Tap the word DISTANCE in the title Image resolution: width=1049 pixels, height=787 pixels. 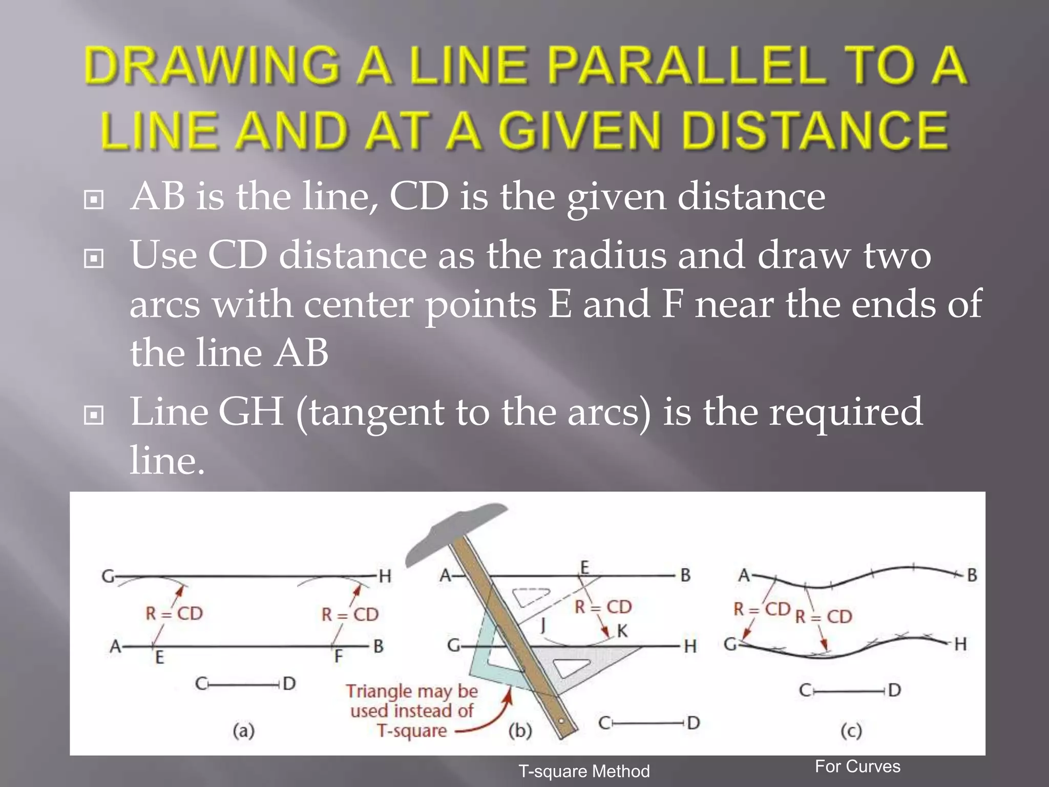(x=814, y=131)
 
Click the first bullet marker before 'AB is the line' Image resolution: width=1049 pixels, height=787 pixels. (x=93, y=199)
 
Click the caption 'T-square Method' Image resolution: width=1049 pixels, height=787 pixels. (x=584, y=771)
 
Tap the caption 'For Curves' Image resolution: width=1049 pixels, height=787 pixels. (x=857, y=766)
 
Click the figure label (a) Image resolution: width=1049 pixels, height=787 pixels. (x=243, y=730)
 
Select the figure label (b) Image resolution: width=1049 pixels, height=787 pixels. (x=520, y=730)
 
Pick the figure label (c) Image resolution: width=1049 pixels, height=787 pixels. (x=851, y=730)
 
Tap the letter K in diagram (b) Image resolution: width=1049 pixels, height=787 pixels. (x=622, y=631)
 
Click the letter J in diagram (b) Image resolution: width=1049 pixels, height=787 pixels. (x=543, y=625)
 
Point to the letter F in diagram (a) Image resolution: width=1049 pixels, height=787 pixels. (x=338, y=656)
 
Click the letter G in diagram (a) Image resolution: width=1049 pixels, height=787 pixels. (x=108, y=576)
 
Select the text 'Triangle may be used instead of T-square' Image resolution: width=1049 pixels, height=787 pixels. (x=412, y=711)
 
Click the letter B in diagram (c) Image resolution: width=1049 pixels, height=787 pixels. (x=972, y=575)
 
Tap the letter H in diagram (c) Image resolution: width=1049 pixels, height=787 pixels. (x=960, y=644)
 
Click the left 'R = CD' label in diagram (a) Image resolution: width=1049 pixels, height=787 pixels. (x=174, y=613)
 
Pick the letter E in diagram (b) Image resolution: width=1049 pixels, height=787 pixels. (x=584, y=567)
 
